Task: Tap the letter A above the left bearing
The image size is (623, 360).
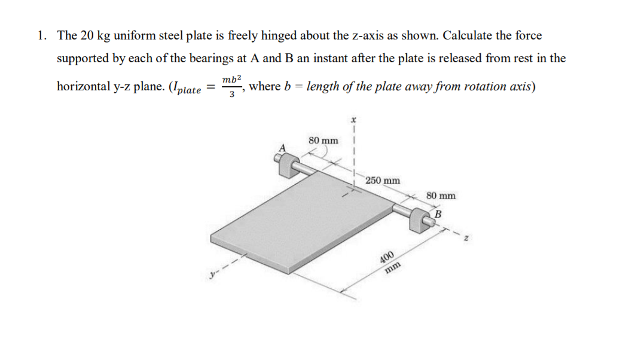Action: [283, 147]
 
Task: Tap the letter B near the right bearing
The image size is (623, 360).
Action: [438, 213]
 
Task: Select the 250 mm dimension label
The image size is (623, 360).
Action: [383, 180]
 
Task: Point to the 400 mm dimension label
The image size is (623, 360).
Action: [389, 261]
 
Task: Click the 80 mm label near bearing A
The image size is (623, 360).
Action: [323, 141]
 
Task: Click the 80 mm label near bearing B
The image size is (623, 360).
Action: [441, 195]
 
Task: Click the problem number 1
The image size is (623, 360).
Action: [40, 35]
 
